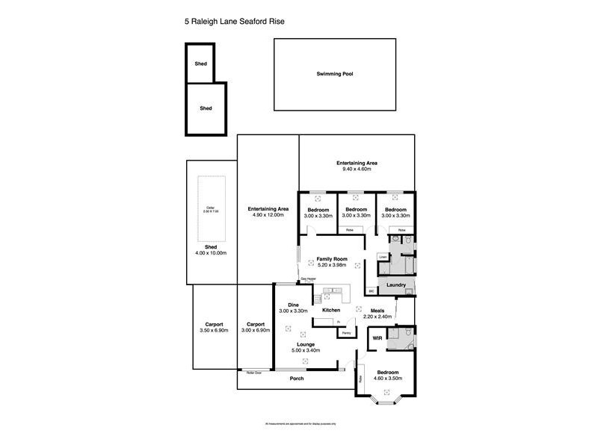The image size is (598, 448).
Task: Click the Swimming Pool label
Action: pyautogui.click(x=334, y=75)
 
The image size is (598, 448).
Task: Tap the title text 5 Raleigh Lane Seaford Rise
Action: pyautogui.click(x=234, y=22)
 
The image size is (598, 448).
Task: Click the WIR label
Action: pyautogui.click(x=378, y=338)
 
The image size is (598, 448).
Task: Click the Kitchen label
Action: pyautogui.click(x=331, y=310)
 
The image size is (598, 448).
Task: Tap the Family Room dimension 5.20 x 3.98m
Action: pyautogui.click(x=332, y=265)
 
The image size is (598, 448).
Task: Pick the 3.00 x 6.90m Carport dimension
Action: pyautogui.click(x=252, y=331)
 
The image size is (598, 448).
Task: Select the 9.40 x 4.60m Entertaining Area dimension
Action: pyautogui.click(x=357, y=169)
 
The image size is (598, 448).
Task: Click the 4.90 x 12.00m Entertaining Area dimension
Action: pyautogui.click(x=268, y=215)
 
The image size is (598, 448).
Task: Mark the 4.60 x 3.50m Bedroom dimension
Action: pyautogui.click(x=387, y=379)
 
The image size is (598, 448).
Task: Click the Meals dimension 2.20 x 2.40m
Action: pyautogui.click(x=377, y=317)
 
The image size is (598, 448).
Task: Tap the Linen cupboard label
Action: pyautogui.click(x=383, y=257)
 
